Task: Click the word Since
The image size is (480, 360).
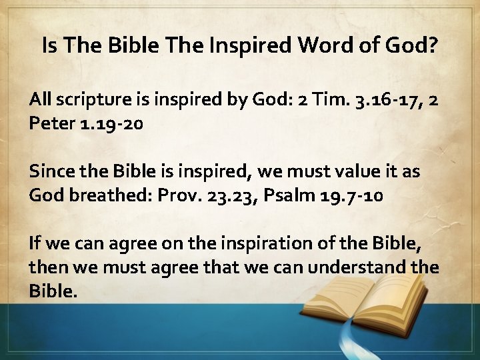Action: click(x=50, y=171)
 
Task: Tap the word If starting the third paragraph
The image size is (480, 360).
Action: click(x=35, y=243)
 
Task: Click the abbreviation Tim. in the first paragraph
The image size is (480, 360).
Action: click(x=322, y=100)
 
